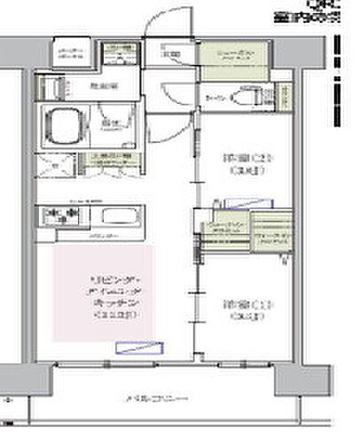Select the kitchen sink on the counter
point(116,215)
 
